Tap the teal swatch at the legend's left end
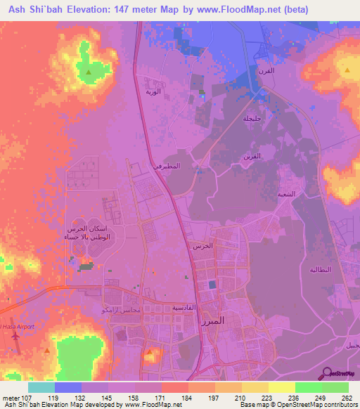click(x=41, y=387)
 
